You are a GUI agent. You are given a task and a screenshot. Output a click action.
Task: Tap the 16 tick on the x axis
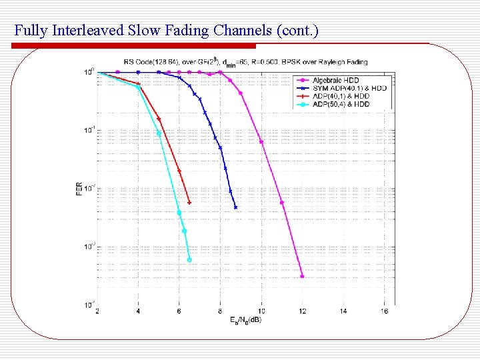(x=384, y=311)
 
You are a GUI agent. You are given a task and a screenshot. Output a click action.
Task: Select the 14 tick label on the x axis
(x=343, y=311)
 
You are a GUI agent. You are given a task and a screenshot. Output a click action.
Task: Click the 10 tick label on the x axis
(x=261, y=311)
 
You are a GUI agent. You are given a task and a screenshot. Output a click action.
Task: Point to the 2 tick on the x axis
(x=97, y=311)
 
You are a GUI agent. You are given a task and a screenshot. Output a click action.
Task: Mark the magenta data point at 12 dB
(x=302, y=276)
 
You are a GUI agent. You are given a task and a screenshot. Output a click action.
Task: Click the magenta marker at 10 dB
(x=261, y=142)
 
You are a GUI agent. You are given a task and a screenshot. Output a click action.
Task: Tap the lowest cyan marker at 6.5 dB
(x=189, y=260)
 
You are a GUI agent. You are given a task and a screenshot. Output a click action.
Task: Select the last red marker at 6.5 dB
(x=189, y=203)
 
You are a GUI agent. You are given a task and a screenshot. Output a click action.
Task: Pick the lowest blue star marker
(x=235, y=207)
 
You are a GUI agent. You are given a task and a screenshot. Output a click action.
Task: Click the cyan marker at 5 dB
(x=159, y=133)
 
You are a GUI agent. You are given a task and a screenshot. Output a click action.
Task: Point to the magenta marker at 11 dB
(x=282, y=203)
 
